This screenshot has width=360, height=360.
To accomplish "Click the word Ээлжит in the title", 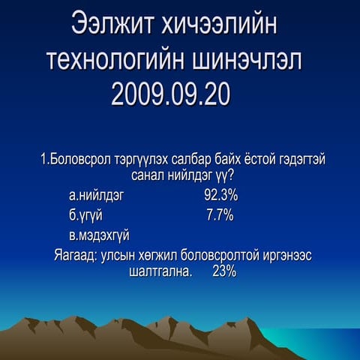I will tap(112, 25).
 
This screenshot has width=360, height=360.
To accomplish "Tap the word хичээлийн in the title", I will tap(221, 25).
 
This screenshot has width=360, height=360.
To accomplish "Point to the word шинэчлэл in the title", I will tap(253, 60).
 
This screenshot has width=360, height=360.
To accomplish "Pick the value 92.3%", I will tap(220, 196).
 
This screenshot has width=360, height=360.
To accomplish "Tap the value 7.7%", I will tap(220, 216).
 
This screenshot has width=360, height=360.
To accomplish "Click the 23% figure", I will tap(224, 271).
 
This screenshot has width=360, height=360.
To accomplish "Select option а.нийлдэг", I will tap(96, 196).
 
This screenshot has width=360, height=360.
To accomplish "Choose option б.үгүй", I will tap(85, 216).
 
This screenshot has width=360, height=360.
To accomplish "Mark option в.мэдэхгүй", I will tap(99, 236).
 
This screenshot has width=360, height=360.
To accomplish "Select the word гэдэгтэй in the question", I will tap(300, 160).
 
